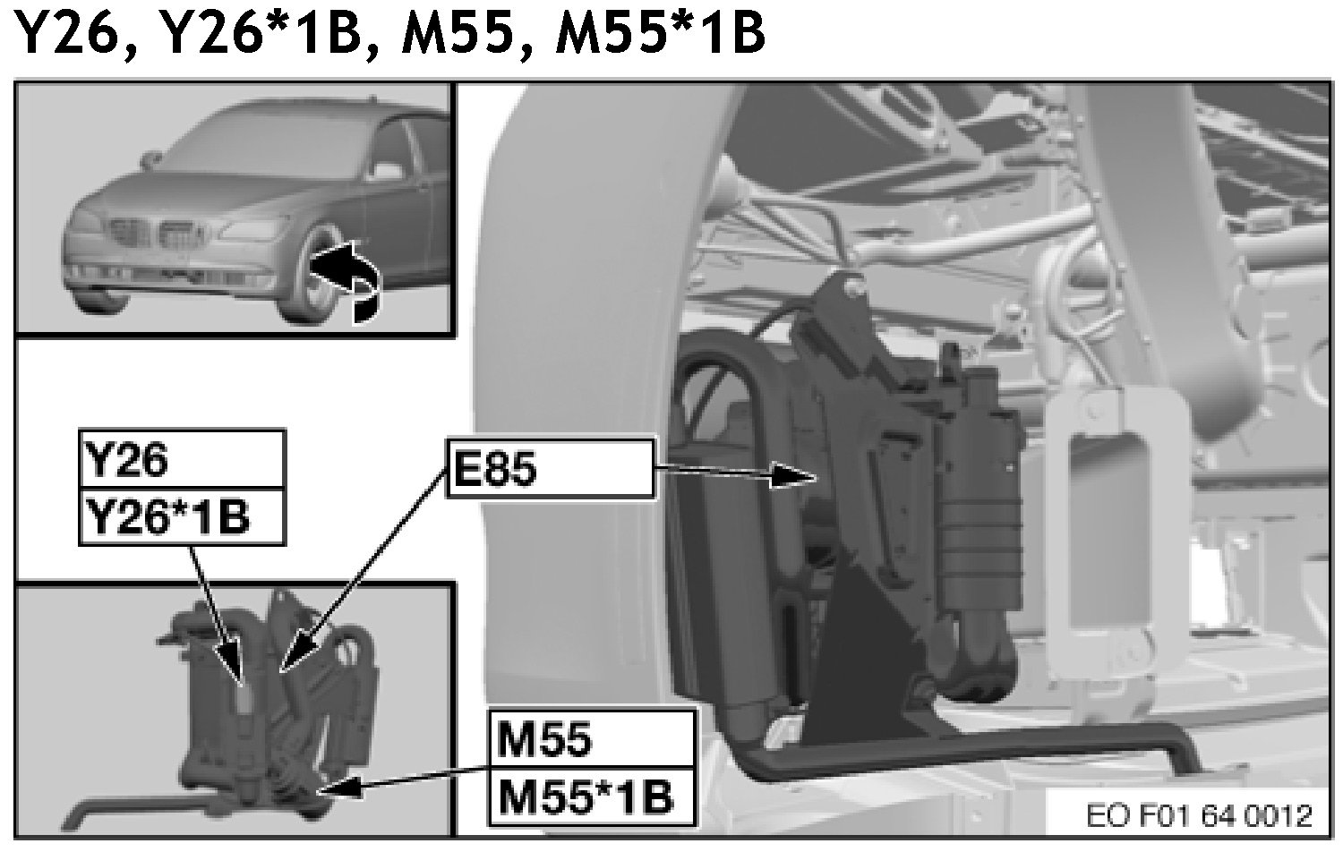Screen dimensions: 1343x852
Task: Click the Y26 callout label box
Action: click(x=182, y=460)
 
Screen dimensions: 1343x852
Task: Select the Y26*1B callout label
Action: click(x=182, y=517)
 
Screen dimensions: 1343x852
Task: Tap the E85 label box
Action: click(x=548, y=466)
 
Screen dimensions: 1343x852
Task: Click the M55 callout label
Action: click(x=591, y=739)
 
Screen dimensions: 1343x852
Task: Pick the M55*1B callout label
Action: click(x=591, y=796)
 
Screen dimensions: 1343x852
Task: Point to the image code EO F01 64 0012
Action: click(x=1199, y=815)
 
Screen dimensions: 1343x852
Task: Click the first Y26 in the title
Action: click(x=68, y=34)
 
